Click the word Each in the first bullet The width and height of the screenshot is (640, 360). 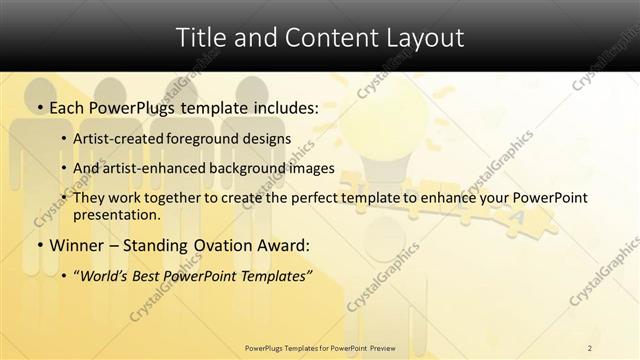[69, 107]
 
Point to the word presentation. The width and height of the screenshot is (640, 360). [116, 215]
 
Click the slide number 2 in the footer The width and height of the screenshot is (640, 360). [589, 348]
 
